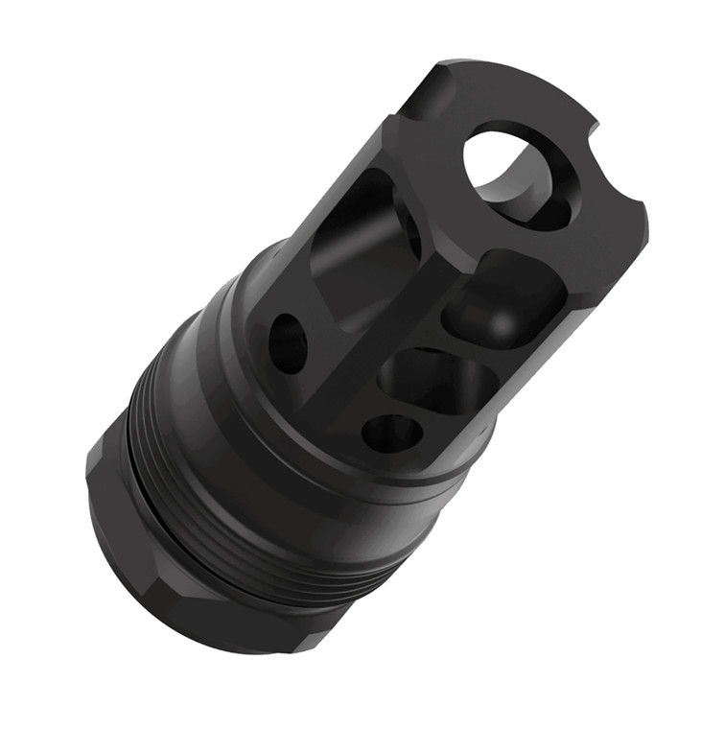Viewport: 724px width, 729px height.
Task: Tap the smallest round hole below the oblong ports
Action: [392, 433]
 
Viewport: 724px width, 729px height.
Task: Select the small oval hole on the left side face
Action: [288, 342]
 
